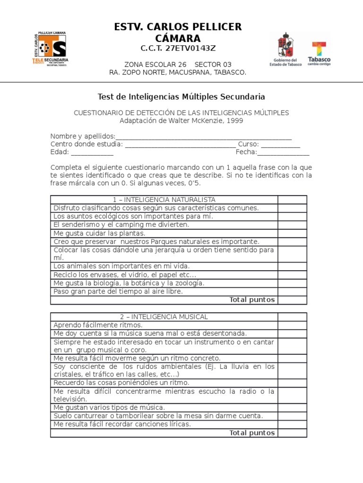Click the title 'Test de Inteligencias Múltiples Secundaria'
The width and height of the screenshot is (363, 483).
181,97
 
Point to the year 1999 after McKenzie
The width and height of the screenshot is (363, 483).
235,121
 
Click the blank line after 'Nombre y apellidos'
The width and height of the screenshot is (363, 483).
203,137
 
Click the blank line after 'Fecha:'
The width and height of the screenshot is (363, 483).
283,152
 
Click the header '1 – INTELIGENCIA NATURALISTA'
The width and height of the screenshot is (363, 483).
164,200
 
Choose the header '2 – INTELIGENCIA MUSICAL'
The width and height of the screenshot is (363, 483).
164,316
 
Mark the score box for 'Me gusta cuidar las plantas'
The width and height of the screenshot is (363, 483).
292,233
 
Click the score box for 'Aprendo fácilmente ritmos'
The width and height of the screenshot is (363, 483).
292,325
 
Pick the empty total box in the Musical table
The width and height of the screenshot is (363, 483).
292,433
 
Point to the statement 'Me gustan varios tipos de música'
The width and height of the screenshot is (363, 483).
109,407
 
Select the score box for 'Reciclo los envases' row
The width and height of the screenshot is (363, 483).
292,275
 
